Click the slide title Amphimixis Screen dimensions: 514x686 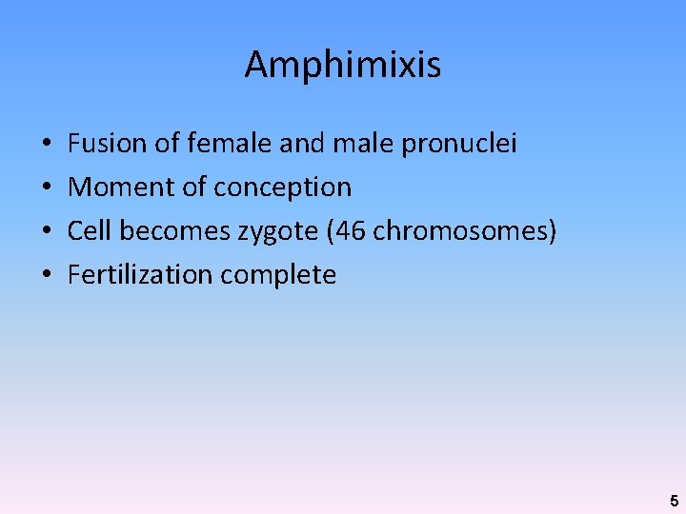point(343,65)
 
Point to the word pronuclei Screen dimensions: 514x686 point(459,145)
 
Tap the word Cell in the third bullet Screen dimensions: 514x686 point(89,231)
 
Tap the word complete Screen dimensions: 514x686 point(278,276)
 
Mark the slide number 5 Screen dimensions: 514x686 point(674,501)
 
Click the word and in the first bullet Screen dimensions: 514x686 point(302,144)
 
